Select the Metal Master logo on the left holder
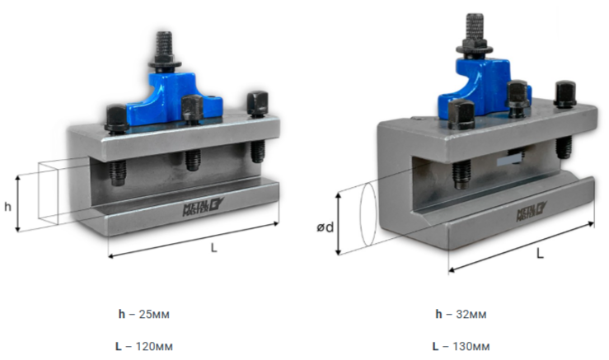[x=203, y=207]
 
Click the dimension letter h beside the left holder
[x=7, y=207]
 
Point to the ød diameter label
[x=325, y=227]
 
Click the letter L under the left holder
[x=214, y=247]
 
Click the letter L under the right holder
[x=540, y=254]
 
